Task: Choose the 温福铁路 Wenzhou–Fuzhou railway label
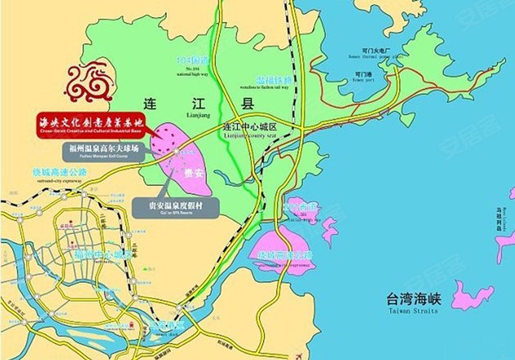click(273, 80)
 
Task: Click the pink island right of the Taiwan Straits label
click(474, 294)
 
